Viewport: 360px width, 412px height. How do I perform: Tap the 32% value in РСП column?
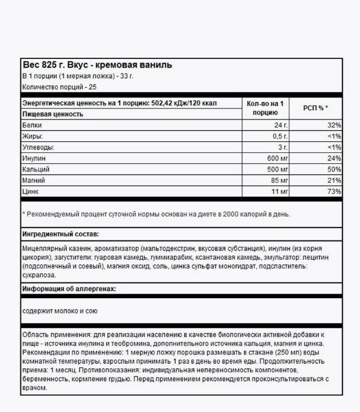point(334,125)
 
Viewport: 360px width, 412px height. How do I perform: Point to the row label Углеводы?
point(37,147)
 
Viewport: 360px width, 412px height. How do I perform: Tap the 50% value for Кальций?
point(334,169)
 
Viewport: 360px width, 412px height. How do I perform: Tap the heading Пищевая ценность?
point(52,114)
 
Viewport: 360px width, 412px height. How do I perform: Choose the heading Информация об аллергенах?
point(69,289)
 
